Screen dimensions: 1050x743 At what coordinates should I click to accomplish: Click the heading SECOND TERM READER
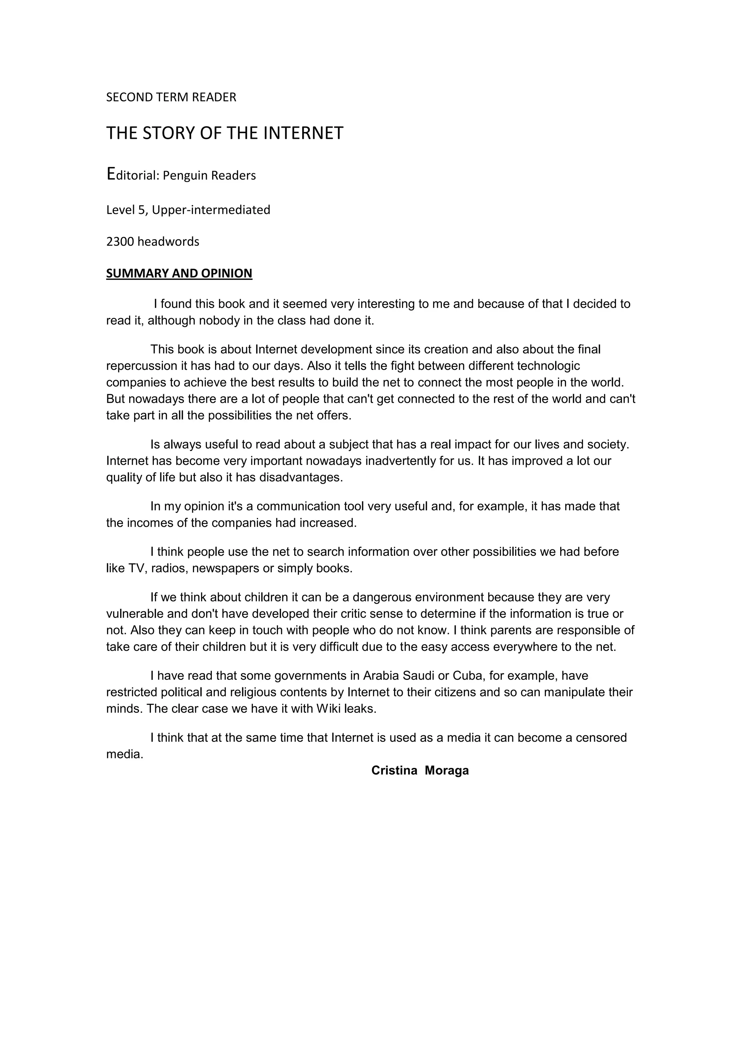(171, 98)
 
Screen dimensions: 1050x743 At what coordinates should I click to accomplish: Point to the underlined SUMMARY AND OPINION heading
(179, 273)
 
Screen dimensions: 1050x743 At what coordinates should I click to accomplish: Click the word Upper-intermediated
(211, 210)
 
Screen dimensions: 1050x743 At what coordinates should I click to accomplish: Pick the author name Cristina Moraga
(420, 770)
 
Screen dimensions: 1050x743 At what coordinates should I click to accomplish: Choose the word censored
(601, 738)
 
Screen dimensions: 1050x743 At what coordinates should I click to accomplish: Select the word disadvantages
(301, 478)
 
